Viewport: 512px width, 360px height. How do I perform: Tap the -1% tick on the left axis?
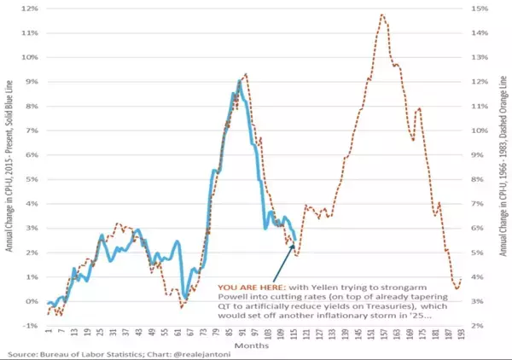(31, 326)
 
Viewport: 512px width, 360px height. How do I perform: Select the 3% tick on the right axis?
(480, 302)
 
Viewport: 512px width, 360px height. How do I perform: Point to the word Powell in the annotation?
(232, 297)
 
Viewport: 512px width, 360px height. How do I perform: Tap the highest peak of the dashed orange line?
(381, 15)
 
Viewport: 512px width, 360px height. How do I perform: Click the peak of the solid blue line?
(240, 81)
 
